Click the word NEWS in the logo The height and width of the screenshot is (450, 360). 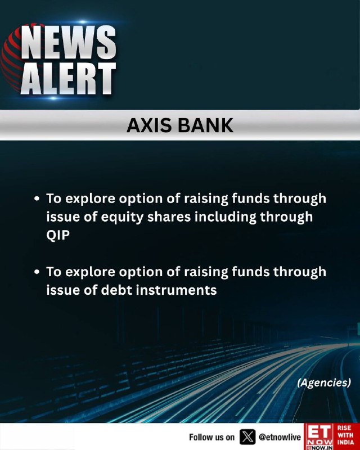coord(69,42)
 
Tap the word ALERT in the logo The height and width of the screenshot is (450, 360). coord(68,78)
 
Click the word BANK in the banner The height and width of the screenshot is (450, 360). coord(205,125)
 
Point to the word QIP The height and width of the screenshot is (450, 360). coord(58,235)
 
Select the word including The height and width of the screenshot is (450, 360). coord(226,217)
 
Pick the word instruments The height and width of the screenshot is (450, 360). coord(176,290)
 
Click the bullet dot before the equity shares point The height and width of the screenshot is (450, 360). coord(37,199)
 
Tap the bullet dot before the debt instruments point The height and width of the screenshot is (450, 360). coord(37,272)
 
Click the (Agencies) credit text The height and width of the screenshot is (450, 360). coord(324,382)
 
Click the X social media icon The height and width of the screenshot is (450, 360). coord(247,437)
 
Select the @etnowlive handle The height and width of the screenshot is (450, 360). coord(280,437)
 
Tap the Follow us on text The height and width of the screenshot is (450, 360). coord(212,438)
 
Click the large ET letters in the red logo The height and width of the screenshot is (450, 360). coord(319,431)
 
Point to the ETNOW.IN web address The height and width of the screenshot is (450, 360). coord(319,448)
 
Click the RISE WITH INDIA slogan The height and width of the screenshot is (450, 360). coord(345,435)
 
